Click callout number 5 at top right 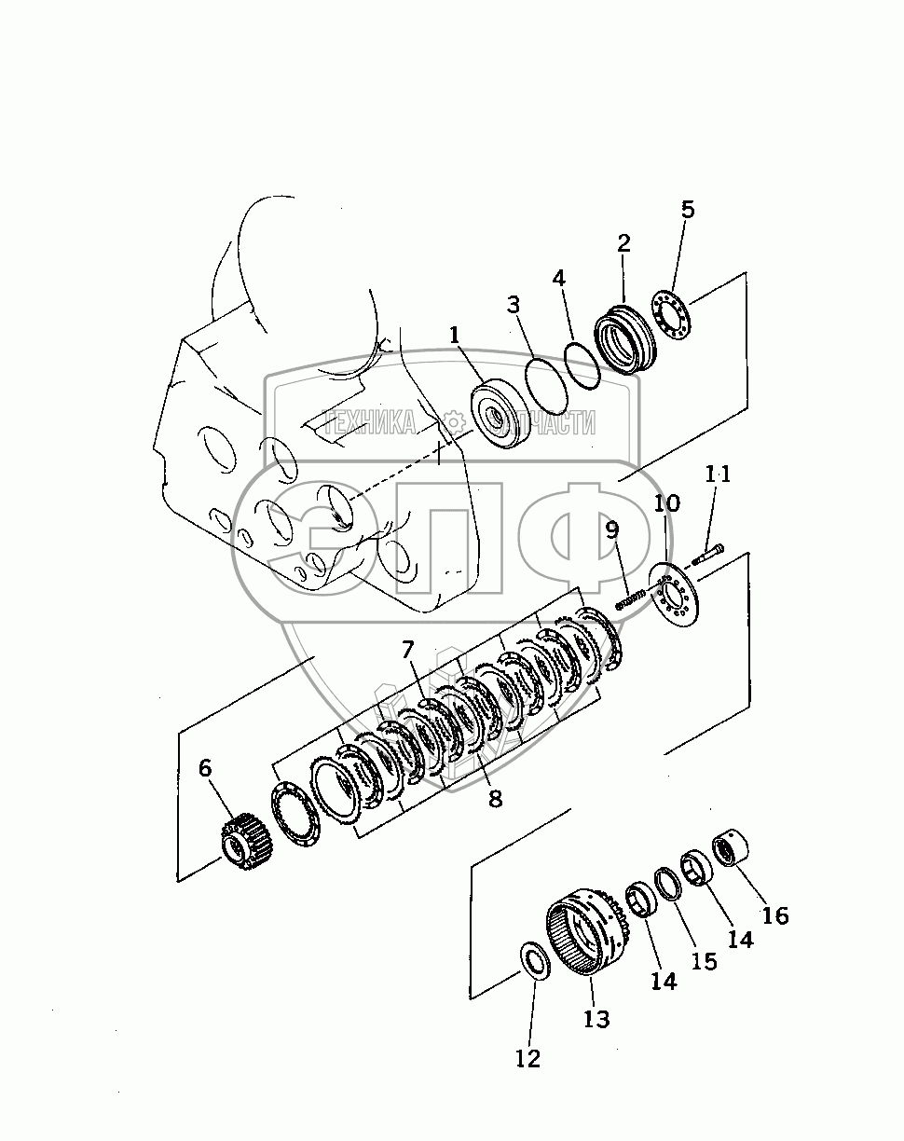click(x=687, y=210)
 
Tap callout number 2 click(x=624, y=242)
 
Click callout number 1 click(x=454, y=335)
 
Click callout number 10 click(x=666, y=502)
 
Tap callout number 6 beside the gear click(x=205, y=768)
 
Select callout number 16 click(x=775, y=915)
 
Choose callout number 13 click(x=596, y=1019)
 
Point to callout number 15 click(x=705, y=961)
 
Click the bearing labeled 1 click(x=500, y=414)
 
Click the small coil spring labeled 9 click(x=630, y=599)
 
